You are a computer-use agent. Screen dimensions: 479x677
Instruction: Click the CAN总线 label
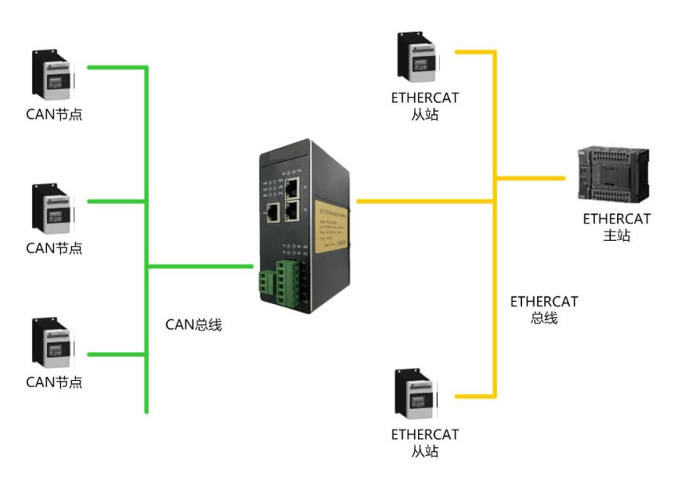tap(193, 324)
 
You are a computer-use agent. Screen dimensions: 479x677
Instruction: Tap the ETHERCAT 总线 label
tap(544, 310)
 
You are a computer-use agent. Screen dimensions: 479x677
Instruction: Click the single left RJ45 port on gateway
tap(273, 211)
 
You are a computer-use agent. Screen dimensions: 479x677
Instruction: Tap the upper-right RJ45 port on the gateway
tap(292, 188)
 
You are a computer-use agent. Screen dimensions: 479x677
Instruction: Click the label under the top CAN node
tap(54, 114)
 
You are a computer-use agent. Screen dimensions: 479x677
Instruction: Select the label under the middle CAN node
tap(54, 247)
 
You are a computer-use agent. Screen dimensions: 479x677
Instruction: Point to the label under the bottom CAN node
tap(54, 382)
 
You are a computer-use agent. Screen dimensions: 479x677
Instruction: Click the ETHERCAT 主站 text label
tap(616, 227)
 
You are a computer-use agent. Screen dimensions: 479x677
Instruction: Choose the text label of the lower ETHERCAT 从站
tap(425, 443)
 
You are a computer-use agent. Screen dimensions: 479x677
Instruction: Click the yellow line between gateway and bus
tap(424, 201)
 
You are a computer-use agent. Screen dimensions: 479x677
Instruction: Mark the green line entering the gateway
tap(200, 265)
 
